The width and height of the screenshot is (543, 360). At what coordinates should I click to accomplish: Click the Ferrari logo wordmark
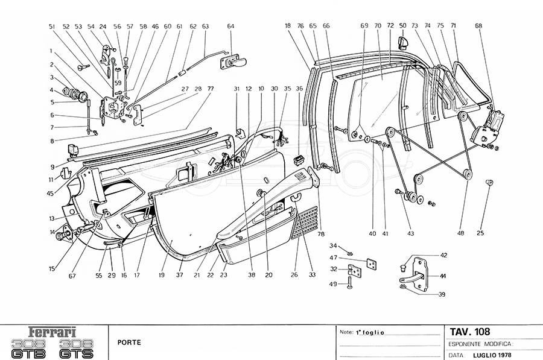(54, 332)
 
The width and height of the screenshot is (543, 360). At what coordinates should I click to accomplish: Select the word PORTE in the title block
(129, 343)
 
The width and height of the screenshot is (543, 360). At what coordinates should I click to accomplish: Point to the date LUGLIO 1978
(494, 355)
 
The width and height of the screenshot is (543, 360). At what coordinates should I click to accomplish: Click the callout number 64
(231, 26)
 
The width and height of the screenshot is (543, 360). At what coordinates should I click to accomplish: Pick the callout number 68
(478, 26)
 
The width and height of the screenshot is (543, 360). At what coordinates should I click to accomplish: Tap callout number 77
(211, 89)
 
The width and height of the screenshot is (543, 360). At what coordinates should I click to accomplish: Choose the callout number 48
(462, 233)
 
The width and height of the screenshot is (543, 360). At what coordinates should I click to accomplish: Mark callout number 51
(52, 27)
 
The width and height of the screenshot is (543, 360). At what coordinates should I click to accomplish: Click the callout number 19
(162, 275)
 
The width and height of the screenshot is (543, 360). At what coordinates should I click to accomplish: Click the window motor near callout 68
(486, 129)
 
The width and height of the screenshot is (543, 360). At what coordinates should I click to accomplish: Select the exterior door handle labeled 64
(237, 62)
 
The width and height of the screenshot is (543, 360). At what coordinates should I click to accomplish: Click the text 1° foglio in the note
(370, 332)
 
